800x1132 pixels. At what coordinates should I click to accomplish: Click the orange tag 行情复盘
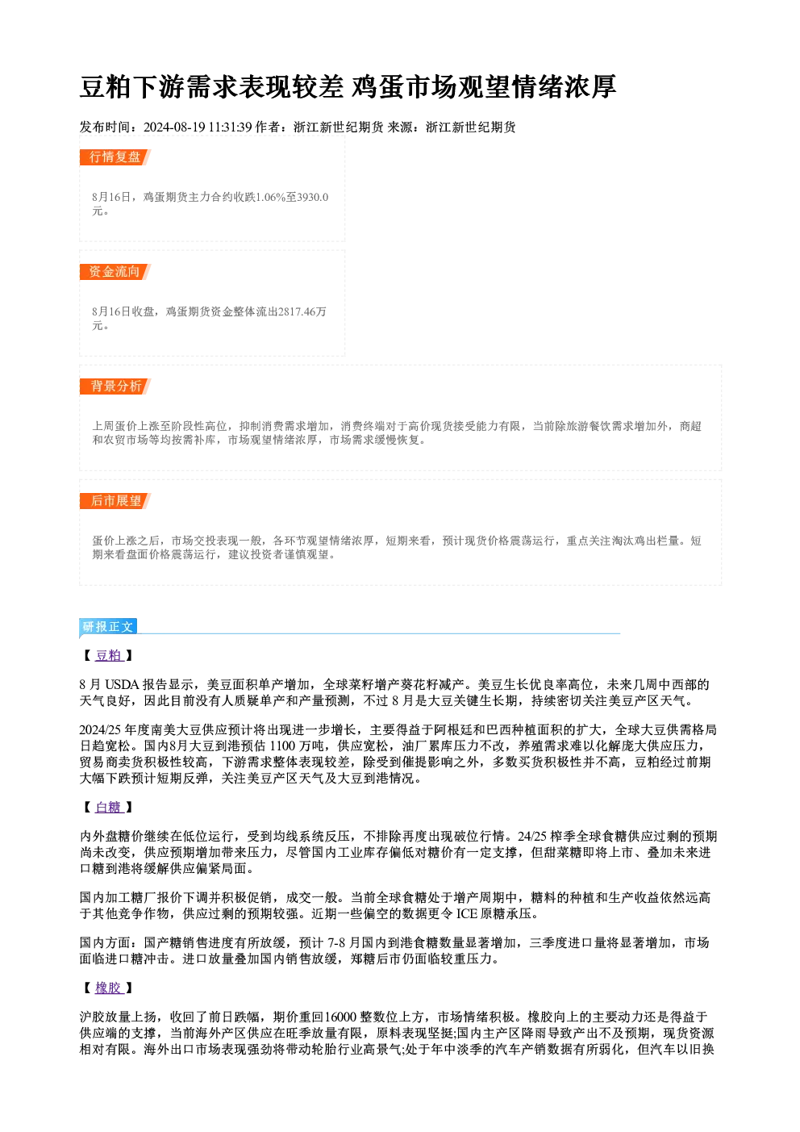[x=115, y=157]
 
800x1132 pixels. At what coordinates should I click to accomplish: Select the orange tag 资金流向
[x=115, y=272]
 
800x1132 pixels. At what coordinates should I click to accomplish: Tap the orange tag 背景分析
[x=115, y=386]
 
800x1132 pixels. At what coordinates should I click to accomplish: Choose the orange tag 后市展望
[x=115, y=501]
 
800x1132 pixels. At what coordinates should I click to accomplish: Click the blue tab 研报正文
[x=108, y=627]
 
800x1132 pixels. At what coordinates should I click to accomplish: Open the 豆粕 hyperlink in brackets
[x=109, y=655]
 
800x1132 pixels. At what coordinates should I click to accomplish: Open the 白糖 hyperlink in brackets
[x=109, y=807]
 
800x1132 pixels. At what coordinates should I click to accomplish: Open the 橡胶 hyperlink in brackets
[x=109, y=988]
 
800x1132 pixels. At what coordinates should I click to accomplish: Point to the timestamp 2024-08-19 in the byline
[x=174, y=127]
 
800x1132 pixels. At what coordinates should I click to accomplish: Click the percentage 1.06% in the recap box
[x=273, y=197]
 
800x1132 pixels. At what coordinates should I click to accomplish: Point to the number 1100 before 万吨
[x=282, y=746]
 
